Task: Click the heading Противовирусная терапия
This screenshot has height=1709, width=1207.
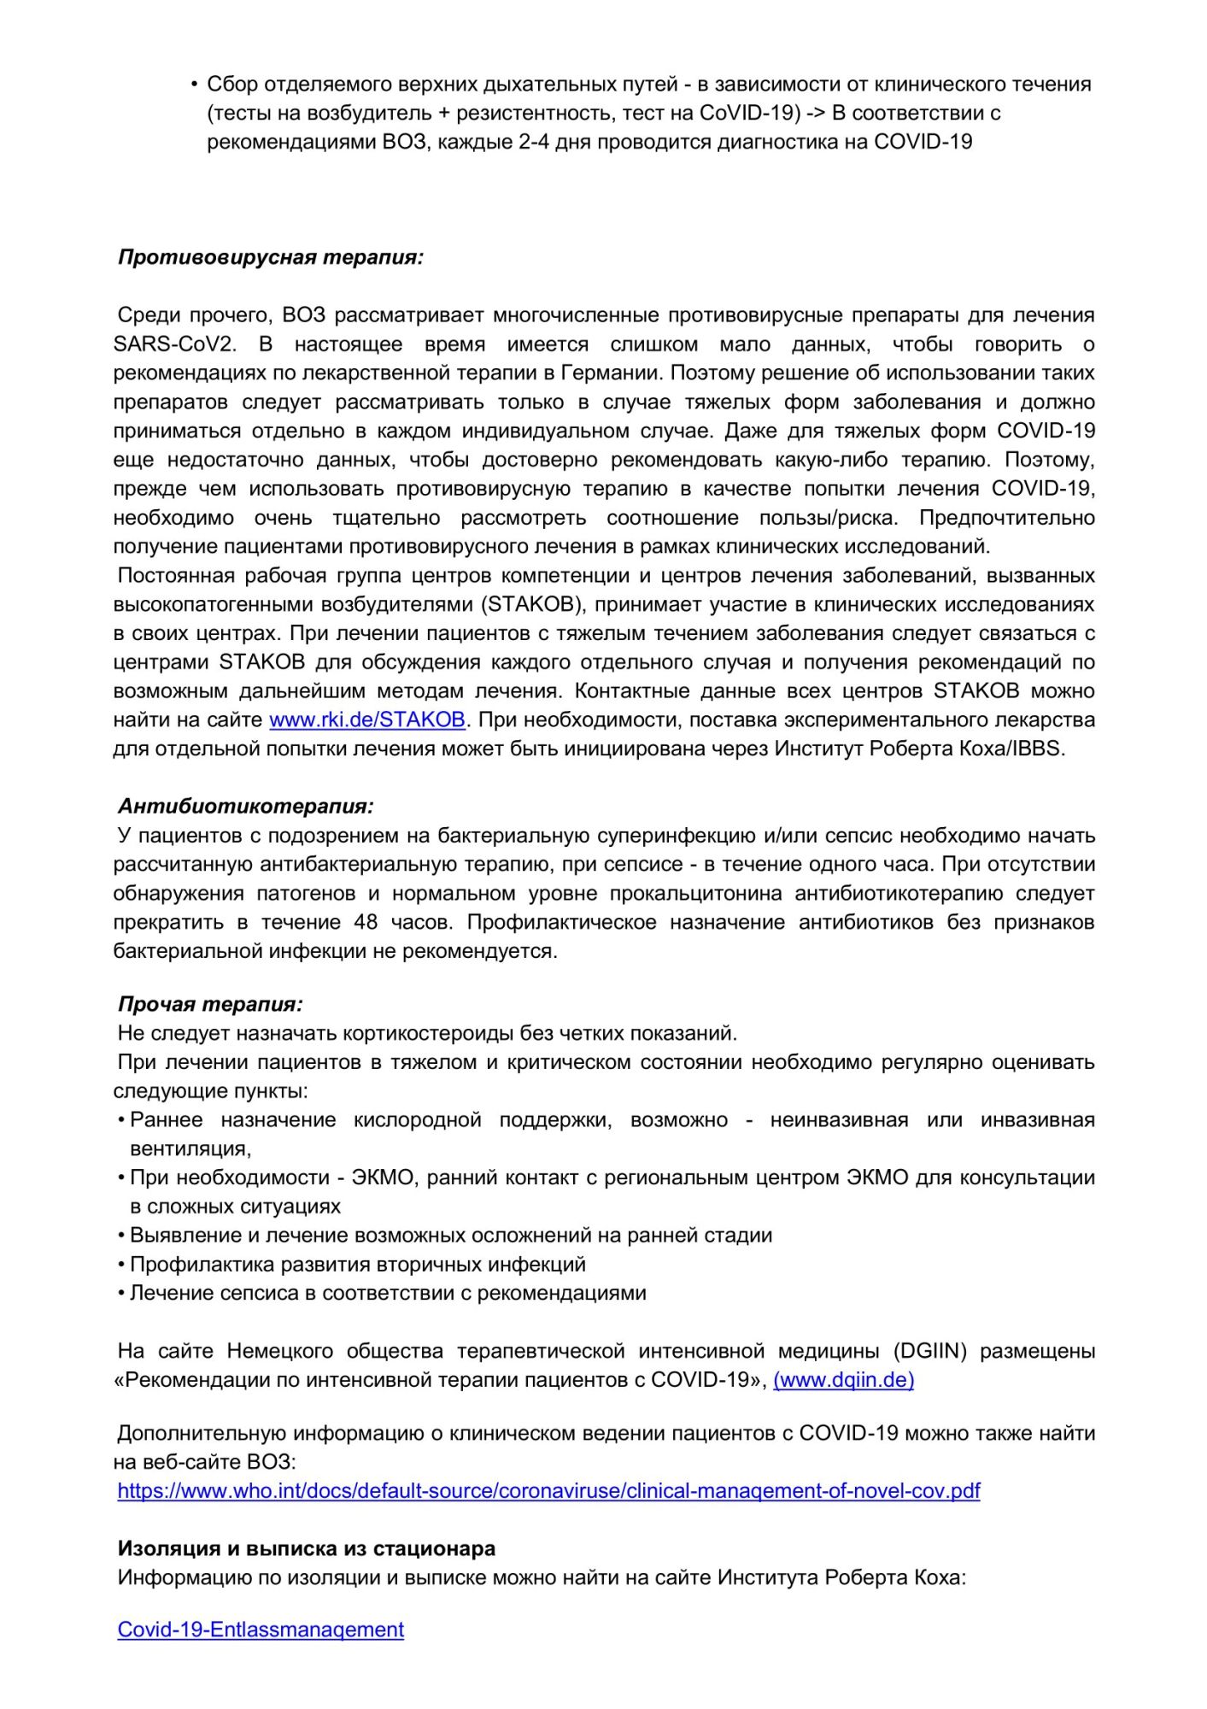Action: (270, 257)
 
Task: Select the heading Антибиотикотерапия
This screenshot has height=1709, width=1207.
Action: (245, 806)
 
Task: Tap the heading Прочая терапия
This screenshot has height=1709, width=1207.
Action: (210, 1004)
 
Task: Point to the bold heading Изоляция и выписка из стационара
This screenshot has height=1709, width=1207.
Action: (307, 1548)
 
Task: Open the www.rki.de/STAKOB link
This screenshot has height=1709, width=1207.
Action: (367, 719)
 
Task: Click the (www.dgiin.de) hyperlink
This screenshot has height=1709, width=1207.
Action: (843, 1379)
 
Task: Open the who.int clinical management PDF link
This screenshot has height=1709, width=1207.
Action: (548, 1490)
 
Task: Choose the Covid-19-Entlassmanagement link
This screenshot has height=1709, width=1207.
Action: (261, 1629)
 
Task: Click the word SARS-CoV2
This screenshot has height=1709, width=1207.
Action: (174, 344)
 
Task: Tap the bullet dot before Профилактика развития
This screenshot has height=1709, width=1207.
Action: (122, 1264)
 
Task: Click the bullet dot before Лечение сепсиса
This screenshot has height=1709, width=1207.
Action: (122, 1293)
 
